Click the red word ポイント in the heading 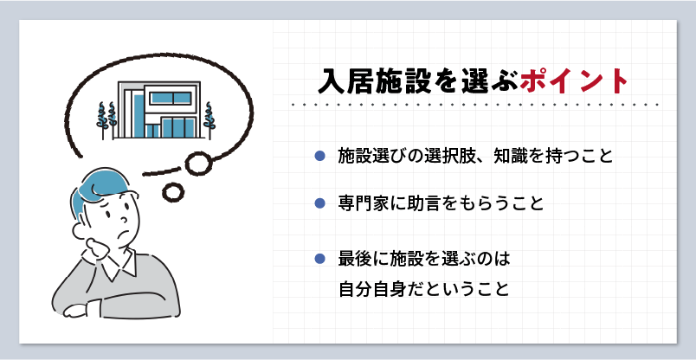pos(573,81)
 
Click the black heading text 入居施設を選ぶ pos(419,81)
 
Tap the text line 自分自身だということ pos(423,289)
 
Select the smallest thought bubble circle pos(173,191)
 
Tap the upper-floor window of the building pos(171,99)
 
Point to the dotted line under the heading pos(475,106)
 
